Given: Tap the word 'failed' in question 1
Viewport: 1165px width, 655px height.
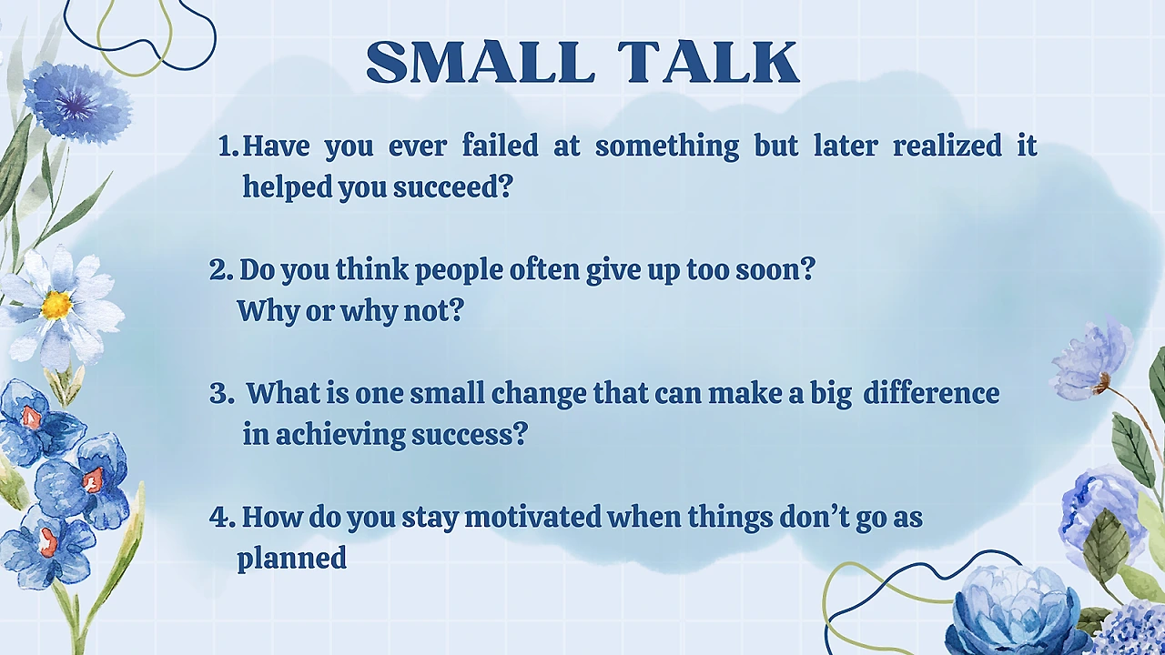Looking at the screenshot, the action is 501,145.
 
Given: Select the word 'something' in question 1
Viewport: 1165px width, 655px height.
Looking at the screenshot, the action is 667,146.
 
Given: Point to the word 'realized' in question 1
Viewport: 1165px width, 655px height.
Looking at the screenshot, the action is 947,145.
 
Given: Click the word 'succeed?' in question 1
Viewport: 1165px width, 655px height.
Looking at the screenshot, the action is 453,186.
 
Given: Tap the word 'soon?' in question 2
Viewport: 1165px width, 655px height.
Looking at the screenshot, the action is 775,270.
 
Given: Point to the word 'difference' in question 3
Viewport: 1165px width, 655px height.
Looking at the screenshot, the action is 931,393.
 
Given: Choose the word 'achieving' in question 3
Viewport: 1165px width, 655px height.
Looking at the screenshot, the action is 340,435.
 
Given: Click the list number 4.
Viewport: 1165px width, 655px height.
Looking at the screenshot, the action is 222,518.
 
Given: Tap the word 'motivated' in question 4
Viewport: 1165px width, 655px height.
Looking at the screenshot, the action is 532,517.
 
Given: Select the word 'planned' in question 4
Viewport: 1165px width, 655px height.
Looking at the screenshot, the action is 292,559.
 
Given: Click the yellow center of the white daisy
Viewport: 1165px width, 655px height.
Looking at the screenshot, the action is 56,305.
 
